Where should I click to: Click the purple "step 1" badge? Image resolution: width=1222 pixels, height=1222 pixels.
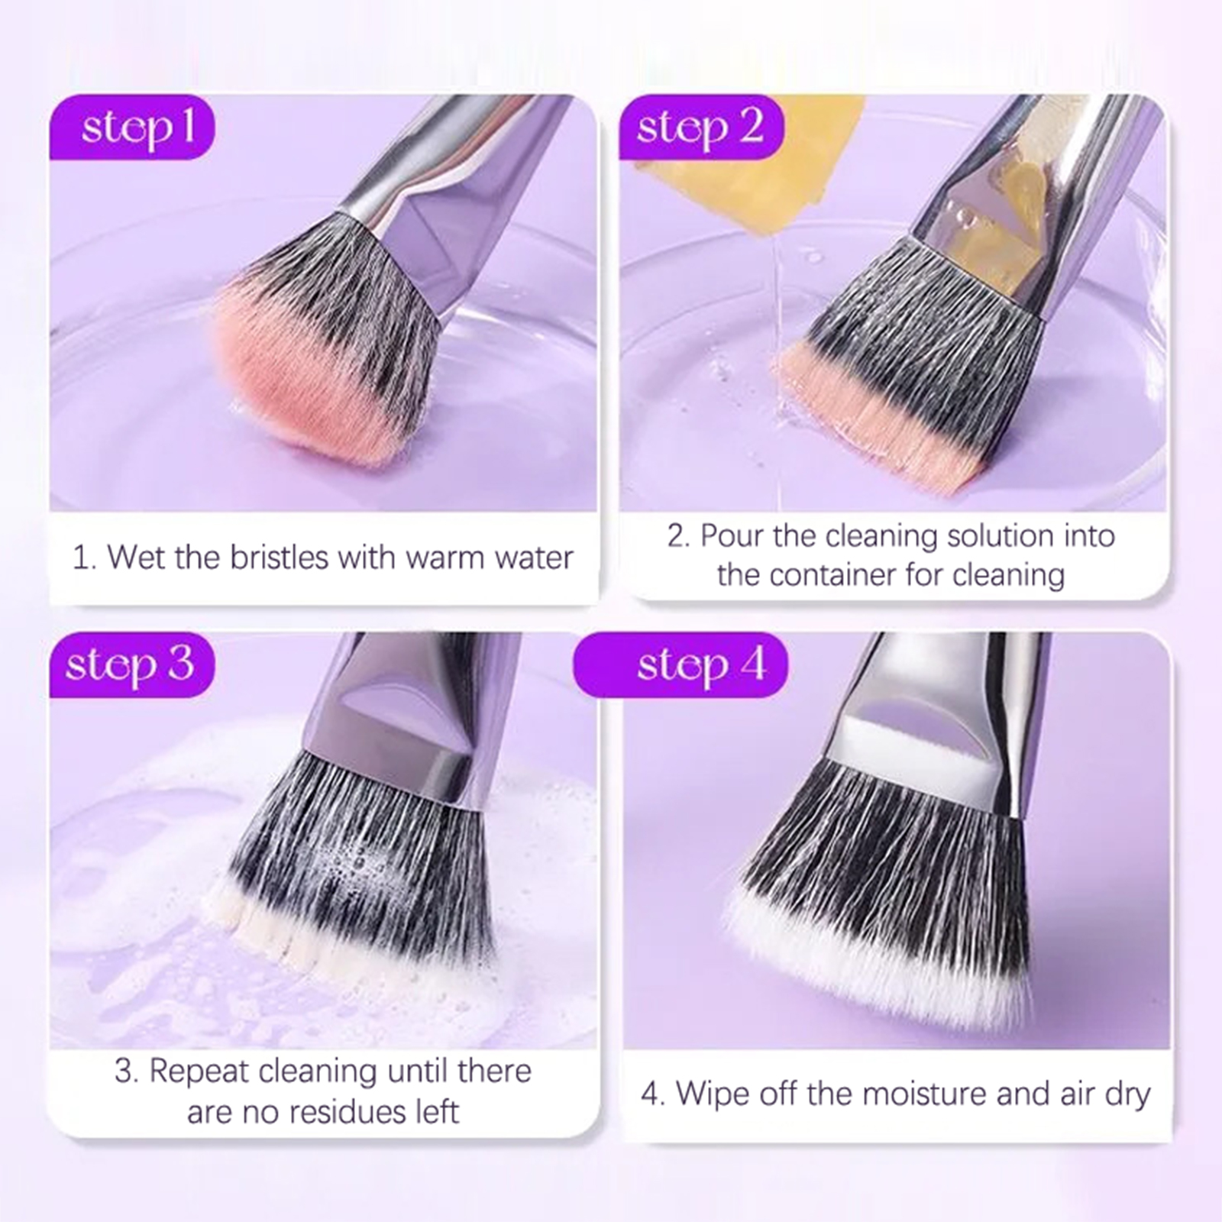click(132, 127)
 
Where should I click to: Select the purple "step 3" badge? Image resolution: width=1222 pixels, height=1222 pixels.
click(132, 664)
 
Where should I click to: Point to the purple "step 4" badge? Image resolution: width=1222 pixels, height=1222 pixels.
click(681, 664)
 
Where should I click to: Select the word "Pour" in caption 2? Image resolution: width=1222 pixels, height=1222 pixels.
click(732, 536)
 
